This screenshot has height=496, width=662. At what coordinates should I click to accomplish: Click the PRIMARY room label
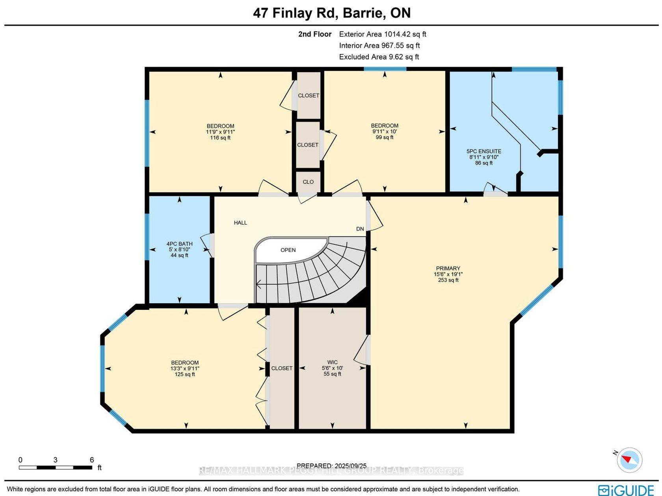tap(448, 268)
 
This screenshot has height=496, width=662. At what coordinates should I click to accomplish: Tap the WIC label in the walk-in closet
tap(332, 362)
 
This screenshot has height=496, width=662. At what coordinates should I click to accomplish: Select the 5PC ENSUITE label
tap(484, 151)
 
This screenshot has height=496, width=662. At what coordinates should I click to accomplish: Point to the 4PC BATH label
tap(179, 244)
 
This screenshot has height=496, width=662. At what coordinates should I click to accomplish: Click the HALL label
tap(240, 223)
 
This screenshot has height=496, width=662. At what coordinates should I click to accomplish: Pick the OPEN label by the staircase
tap(288, 250)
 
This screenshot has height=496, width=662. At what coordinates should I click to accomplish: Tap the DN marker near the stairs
tap(360, 229)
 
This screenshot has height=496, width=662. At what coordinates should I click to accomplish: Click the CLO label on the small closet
tap(308, 182)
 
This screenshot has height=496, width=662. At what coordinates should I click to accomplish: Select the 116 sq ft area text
tap(220, 138)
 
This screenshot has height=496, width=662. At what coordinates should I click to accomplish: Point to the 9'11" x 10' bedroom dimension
tap(385, 132)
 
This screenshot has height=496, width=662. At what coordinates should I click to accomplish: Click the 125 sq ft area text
tap(184, 375)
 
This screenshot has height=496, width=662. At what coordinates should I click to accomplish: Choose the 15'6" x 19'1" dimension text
tap(448, 274)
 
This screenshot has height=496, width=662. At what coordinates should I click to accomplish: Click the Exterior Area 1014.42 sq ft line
tap(382, 34)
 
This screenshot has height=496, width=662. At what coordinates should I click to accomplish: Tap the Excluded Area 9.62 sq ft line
tap(379, 57)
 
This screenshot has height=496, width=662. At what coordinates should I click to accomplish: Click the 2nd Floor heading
tap(315, 34)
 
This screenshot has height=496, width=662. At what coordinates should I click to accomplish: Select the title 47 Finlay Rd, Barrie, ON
tap(332, 13)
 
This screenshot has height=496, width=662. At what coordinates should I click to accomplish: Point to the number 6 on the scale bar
tap(92, 460)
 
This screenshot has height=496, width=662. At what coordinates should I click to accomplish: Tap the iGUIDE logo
tap(626, 490)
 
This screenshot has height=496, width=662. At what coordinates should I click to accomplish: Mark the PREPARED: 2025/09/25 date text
tap(331, 466)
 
